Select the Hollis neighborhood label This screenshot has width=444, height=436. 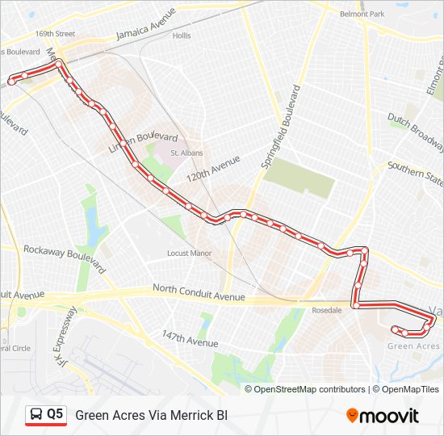(x=181, y=36)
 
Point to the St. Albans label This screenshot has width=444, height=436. (x=186, y=153)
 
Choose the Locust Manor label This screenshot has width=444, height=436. (x=189, y=253)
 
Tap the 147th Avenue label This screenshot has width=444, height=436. (x=190, y=337)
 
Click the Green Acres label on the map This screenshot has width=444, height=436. (x=413, y=346)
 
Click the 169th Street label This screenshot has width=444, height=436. (x=55, y=34)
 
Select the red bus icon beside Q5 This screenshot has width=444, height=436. (x=36, y=415)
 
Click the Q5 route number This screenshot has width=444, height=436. (x=55, y=414)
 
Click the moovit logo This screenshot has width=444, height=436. (x=383, y=416)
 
